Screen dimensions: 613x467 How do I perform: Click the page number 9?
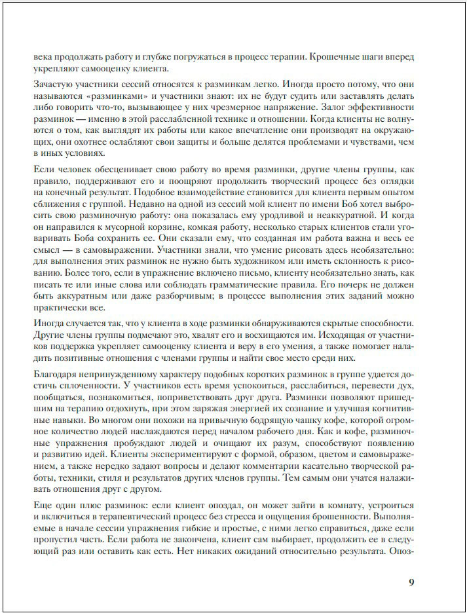tap(411, 582)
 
